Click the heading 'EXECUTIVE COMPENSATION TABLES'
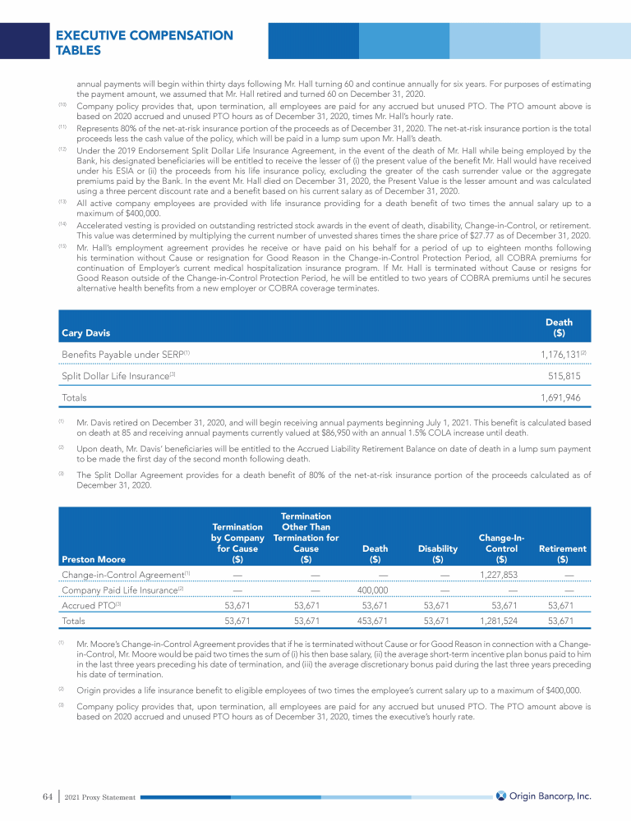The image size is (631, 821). [144, 43]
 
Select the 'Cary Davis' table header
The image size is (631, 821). [86, 333]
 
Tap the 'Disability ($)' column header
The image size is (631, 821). [437, 554]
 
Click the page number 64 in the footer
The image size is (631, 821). [47, 796]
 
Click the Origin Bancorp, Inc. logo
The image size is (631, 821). [543, 796]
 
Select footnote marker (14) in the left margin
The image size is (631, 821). [62, 223]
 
